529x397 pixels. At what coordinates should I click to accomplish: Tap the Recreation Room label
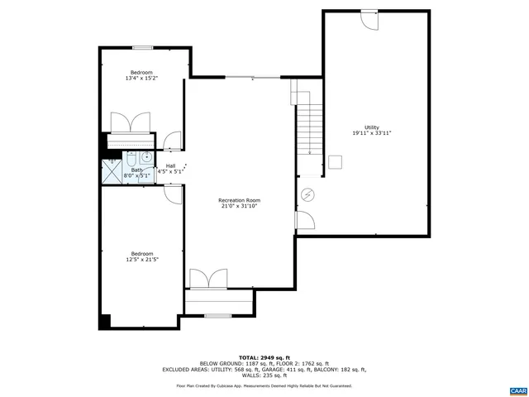240,200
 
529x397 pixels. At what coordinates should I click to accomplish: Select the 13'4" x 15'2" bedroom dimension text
141,79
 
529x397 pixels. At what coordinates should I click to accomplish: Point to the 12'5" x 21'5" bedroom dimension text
141,260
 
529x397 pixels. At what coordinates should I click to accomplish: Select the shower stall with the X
111,171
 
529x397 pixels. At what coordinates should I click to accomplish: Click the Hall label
170,166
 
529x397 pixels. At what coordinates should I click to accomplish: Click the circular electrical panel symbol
308,194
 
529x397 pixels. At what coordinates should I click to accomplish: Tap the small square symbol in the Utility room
335,161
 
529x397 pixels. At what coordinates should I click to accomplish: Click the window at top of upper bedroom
141,48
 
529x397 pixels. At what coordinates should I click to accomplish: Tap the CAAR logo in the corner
517,389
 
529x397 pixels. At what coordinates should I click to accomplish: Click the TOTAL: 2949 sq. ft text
264,356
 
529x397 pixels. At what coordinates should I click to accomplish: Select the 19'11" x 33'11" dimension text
371,133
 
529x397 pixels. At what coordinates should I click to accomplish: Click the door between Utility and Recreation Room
303,221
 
